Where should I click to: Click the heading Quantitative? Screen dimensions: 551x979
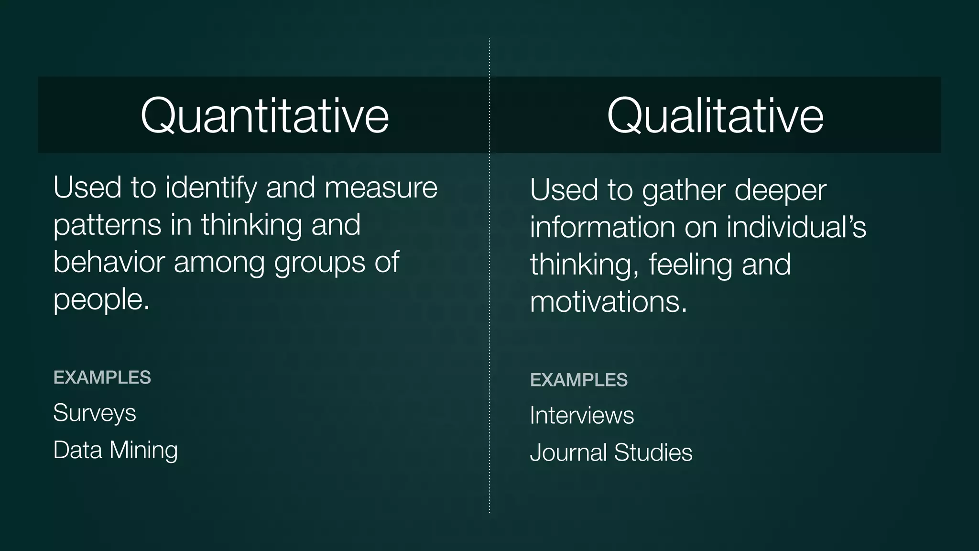click(x=264, y=115)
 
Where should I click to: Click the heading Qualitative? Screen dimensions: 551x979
click(x=715, y=115)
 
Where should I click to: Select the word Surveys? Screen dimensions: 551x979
click(x=95, y=413)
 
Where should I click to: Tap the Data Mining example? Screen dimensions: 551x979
click(x=115, y=450)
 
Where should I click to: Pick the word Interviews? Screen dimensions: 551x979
click(x=582, y=415)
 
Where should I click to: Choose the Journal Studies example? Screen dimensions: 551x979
click(x=611, y=452)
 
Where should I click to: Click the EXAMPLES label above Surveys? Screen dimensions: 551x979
click(x=102, y=377)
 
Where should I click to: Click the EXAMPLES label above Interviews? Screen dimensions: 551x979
click(x=579, y=380)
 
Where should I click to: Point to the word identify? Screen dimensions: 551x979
click(x=211, y=187)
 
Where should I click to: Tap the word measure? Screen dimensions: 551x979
click(x=381, y=187)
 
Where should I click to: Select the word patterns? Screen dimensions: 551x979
click(x=107, y=225)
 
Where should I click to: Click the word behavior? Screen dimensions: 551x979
click(x=109, y=262)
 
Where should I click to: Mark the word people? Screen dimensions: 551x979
click(x=101, y=300)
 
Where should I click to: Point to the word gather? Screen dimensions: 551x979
click(x=684, y=191)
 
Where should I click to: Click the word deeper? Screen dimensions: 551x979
click(x=780, y=191)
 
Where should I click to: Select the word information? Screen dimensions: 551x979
click(x=603, y=227)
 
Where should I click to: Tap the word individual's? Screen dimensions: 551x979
click(x=796, y=227)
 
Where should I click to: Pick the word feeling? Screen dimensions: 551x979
click(x=690, y=264)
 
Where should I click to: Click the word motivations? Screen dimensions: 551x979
click(x=609, y=302)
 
